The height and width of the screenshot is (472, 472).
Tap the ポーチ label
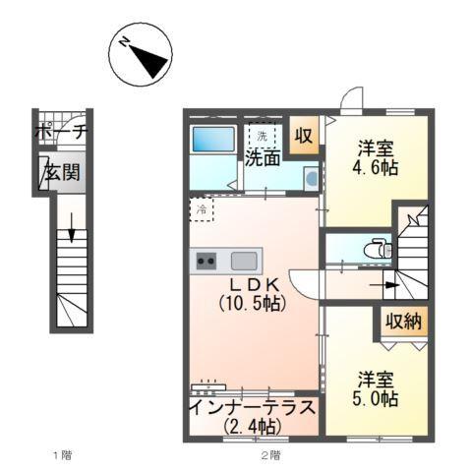point(61,131)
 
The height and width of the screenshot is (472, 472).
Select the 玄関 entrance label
point(60,173)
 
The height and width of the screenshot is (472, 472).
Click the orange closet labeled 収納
point(404,322)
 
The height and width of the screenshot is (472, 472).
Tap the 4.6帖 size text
point(377,168)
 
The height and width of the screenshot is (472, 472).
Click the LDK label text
point(251,284)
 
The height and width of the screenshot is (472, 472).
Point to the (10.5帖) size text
point(252,304)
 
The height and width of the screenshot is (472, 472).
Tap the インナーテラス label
point(251,407)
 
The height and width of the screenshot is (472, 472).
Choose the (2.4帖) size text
point(251,427)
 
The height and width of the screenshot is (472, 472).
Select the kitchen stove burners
point(207,262)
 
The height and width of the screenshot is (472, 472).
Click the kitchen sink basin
point(244,262)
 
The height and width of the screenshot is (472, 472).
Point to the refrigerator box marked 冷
point(202,209)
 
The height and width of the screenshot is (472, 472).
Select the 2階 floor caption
point(271,455)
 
